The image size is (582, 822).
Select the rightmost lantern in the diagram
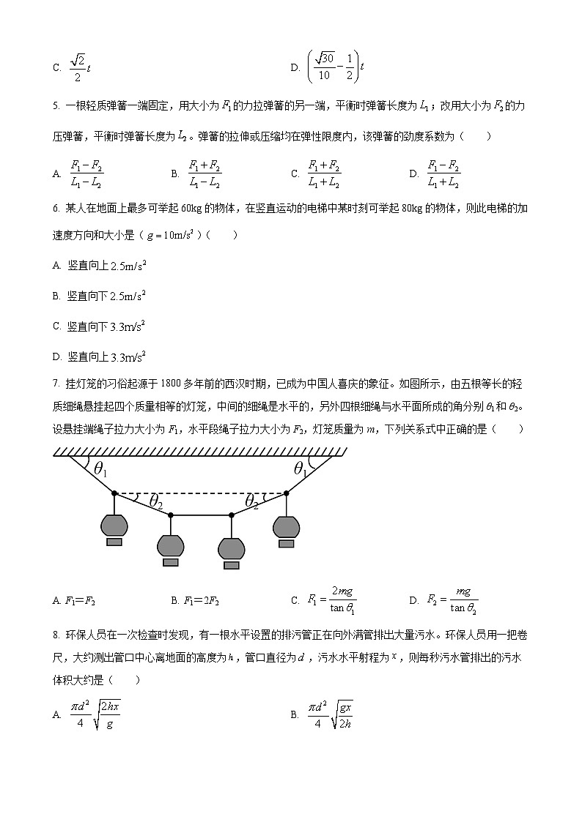(286, 526)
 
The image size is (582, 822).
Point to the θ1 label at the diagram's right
(301, 469)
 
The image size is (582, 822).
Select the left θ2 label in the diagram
(155, 501)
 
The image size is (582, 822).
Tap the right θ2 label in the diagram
(251, 501)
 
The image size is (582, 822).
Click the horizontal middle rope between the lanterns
(201, 515)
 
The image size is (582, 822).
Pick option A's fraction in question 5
(86, 173)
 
